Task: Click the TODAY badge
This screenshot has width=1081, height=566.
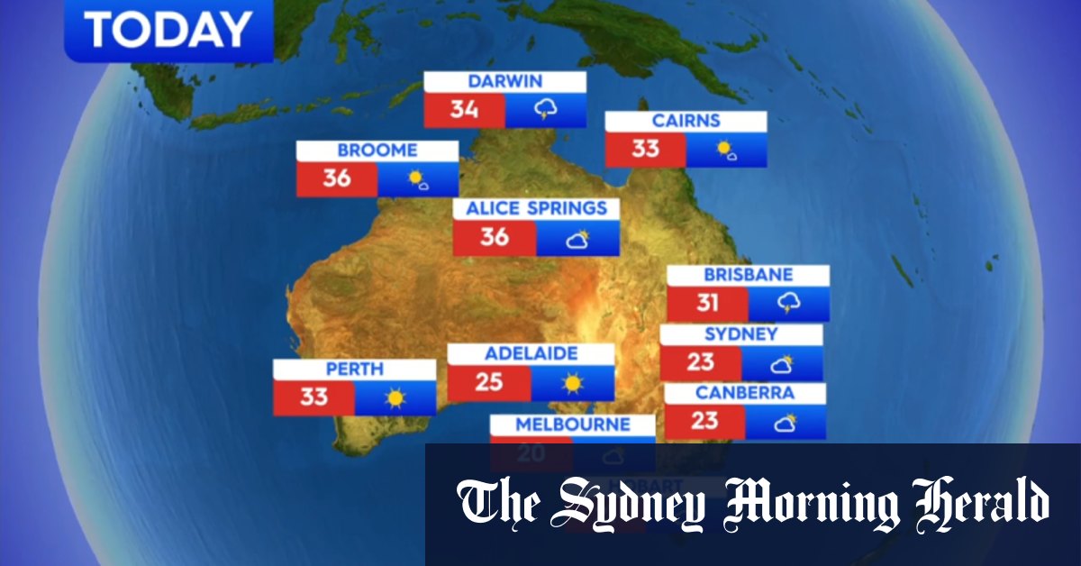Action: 168,31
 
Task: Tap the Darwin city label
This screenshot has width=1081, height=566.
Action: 504,82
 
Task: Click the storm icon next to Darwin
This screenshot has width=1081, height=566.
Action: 545,110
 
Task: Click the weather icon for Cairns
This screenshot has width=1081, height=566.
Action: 726,150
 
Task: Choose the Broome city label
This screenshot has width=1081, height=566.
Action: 377,151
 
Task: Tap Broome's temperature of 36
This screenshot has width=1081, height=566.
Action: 337,178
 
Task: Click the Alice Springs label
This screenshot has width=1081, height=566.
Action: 536,209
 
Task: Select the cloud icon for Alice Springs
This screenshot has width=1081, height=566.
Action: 577,239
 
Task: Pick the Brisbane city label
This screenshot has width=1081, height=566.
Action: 748,275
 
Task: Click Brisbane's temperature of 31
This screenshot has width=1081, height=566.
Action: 707,304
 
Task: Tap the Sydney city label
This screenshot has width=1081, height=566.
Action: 740,334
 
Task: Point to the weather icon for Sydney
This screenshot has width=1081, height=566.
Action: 781,363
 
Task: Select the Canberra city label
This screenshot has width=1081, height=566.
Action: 744,394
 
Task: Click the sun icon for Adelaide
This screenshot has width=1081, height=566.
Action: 572,383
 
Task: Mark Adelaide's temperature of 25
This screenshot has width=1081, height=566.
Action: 488,383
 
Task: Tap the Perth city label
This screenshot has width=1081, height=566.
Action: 355,369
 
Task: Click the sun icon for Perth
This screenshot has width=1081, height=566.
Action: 395,397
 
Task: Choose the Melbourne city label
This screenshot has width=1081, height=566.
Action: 572,424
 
